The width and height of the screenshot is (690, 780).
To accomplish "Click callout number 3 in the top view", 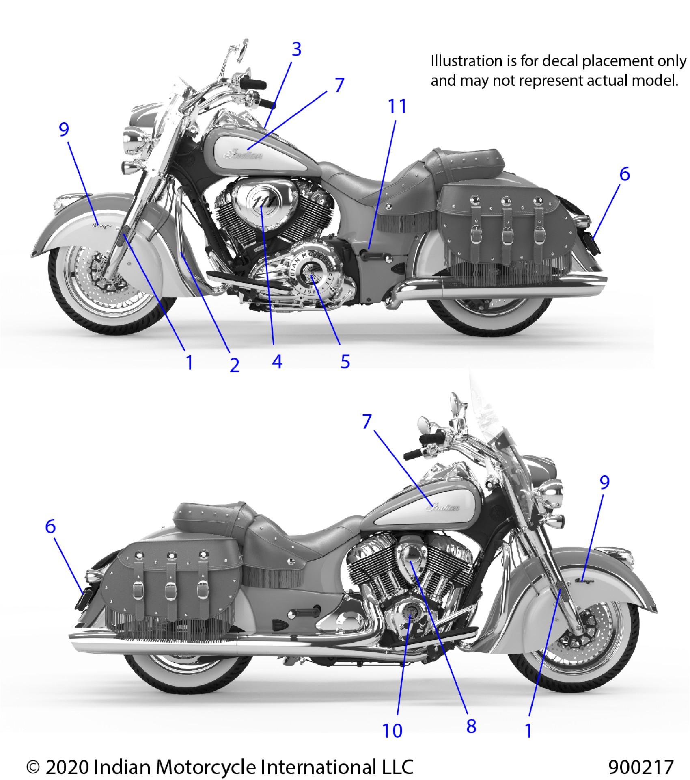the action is click(297, 50).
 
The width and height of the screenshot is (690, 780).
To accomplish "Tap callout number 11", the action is click(397, 107).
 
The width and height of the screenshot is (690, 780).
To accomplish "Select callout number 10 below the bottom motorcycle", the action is click(392, 731).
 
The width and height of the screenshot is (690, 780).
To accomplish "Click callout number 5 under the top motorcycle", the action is click(345, 362).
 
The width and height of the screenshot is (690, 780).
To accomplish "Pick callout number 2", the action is click(234, 365).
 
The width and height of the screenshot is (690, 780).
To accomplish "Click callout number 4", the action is click(277, 362).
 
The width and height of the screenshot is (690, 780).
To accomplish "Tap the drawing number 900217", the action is click(640, 767).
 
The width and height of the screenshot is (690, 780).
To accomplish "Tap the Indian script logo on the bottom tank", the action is click(445, 507).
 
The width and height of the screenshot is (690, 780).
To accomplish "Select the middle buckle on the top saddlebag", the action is click(507, 235).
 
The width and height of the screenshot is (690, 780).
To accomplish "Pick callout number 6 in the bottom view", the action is click(50, 527).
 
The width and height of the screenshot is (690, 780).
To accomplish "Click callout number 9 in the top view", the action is click(64, 130).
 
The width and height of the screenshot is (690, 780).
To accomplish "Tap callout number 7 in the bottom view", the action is click(367, 422).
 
